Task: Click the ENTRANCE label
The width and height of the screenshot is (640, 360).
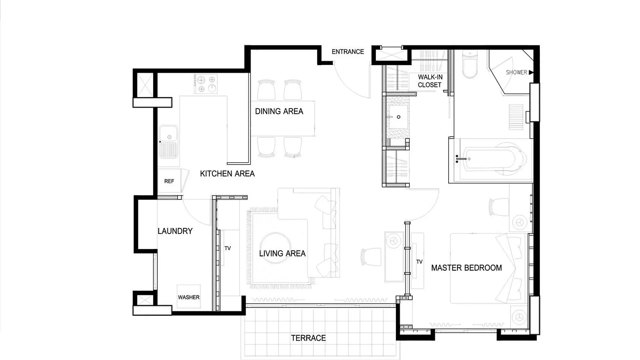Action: pos(348,52)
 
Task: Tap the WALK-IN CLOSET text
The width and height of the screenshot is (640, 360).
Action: pos(430,81)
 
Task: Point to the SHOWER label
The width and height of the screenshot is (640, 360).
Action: pos(516,72)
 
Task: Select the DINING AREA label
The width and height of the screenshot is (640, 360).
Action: pos(279,111)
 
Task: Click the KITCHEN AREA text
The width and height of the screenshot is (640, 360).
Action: pos(227,174)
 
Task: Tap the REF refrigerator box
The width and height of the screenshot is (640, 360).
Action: pos(170,181)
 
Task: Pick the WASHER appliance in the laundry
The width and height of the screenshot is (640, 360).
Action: pos(189,296)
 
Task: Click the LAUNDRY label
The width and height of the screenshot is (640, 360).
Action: pos(175,231)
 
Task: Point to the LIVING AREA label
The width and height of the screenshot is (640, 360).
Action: pos(282,254)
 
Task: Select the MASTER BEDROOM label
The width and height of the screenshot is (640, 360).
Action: pos(466,268)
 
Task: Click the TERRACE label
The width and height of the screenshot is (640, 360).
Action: pos(308,338)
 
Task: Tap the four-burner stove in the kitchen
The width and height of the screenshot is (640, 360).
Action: pos(206,84)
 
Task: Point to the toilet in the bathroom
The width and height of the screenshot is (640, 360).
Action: pos(470,64)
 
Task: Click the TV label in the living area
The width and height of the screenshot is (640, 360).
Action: pos(228,248)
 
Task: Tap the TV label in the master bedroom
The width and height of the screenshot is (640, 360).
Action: pos(419,262)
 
